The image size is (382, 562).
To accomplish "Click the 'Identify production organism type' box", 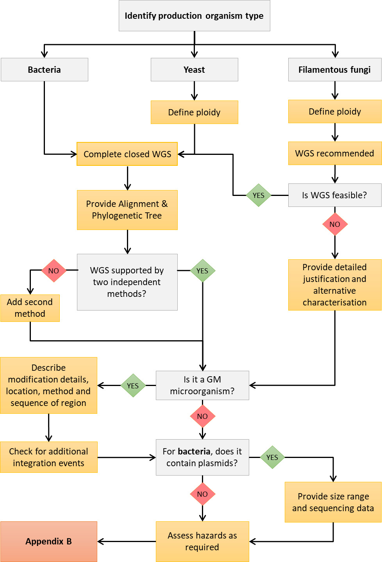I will (194, 16).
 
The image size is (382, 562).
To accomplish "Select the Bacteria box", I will (44, 70).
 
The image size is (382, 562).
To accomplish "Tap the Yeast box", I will (194, 70).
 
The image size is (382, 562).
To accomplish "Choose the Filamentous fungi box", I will (334, 70).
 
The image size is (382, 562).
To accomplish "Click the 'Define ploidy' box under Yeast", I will (194, 112).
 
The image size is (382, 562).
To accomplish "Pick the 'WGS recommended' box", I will (334, 153).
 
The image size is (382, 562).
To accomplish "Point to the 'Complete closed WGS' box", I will (127, 154).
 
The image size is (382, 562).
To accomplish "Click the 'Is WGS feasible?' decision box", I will (334, 195).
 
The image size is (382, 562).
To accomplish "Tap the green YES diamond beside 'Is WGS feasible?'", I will (259, 195).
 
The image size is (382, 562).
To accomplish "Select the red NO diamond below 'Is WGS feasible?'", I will (335, 224).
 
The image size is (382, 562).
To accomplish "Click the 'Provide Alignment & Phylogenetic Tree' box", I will (127, 210).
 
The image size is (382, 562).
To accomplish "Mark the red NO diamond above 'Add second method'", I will (54, 271).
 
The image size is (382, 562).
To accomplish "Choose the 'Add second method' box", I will (30, 308).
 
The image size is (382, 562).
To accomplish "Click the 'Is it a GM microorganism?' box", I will (202, 385).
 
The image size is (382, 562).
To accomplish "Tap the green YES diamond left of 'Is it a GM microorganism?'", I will (133, 386).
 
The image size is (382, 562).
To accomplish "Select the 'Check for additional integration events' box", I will (48, 457).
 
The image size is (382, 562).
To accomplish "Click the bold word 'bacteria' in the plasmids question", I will (194, 451).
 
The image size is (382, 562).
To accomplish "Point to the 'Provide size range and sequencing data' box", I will (333, 502).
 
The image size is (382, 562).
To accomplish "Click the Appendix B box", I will (48, 541).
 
